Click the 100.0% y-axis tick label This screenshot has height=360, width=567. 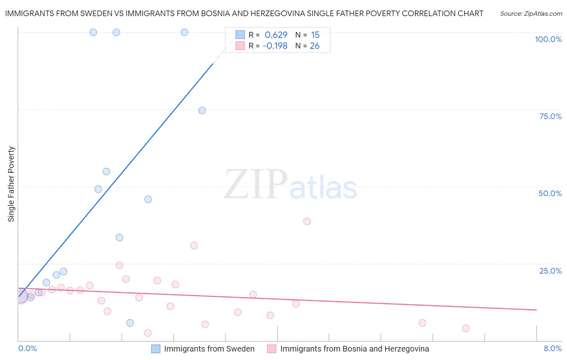[x=548, y=39]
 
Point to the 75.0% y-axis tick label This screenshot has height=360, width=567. [x=550, y=116]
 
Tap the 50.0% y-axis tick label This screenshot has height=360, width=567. [x=550, y=193]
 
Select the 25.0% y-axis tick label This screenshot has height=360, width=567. [x=550, y=271]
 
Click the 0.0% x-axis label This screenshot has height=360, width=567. [x=27, y=348]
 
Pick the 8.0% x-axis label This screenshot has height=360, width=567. [x=552, y=348]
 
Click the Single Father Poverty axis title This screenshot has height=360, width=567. [x=11, y=184]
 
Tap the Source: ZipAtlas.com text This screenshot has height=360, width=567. [x=531, y=14]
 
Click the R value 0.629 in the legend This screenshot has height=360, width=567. [x=276, y=35]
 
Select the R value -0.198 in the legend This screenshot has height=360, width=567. [x=275, y=46]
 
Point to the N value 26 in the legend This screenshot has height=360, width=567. [x=315, y=46]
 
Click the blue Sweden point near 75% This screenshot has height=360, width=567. [x=202, y=111]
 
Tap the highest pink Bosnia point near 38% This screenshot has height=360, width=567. [x=307, y=221]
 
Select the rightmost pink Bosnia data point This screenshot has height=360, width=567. [x=466, y=329]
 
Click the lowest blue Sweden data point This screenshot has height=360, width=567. [x=130, y=323]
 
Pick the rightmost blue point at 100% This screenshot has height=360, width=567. [x=184, y=32]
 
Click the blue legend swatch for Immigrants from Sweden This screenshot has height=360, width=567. [x=156, y=349]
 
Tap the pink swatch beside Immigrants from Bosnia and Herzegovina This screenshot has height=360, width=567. [x=272, y=349]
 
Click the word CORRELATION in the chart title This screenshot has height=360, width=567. [x=428, y=14]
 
